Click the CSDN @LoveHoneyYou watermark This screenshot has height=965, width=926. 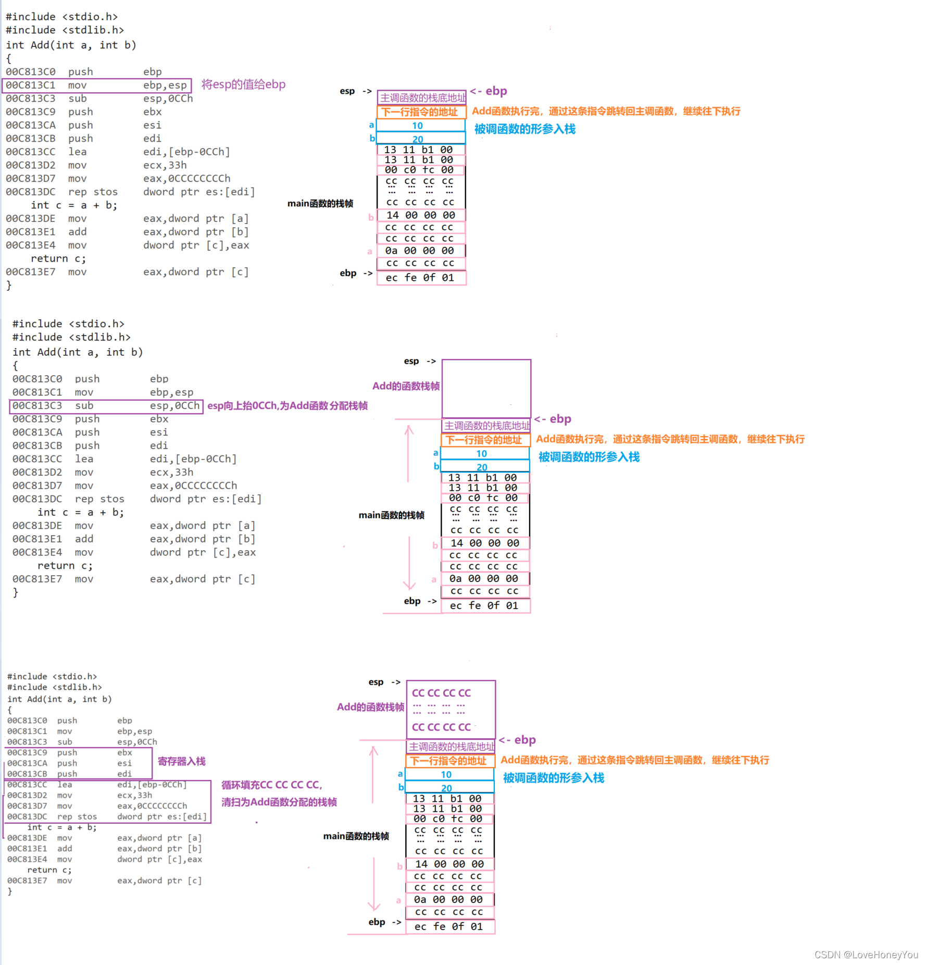[866, 954]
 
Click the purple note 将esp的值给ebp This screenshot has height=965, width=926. [243, 84]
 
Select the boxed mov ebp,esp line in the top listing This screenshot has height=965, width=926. [97, 85]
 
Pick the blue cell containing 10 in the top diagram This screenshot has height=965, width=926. [420, 126]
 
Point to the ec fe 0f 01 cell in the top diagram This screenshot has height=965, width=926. [421, 278]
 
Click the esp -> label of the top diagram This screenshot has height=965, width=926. [355, 91]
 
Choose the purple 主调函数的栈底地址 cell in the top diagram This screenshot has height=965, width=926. [422, 97]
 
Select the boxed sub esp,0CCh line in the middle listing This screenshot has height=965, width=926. [106, 406]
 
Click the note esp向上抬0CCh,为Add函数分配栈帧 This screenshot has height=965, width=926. [287, 406]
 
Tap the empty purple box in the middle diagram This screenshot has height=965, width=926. [486, 388]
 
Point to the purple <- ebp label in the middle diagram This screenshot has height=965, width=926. [553, 419]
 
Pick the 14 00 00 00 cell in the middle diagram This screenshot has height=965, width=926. [485, 543]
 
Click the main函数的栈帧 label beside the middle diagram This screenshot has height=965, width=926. [391, 515]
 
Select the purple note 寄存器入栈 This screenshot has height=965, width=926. [181, 762]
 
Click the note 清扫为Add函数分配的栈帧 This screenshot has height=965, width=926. [279, 802]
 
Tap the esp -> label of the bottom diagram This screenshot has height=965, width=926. [384, 682]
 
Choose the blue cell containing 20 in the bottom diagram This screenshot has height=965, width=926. [449, 787]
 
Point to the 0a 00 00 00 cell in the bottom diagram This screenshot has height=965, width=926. [449, 899]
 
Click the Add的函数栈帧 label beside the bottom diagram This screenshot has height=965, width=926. [370, 707]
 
